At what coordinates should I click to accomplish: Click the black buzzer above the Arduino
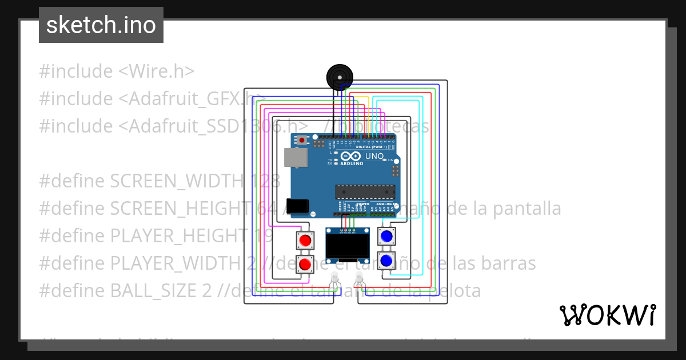(x=339, y=77)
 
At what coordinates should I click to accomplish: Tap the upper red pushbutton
(x=305, y=240)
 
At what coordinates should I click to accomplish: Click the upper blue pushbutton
(x=387, y=235)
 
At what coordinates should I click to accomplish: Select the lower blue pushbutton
(x=386, y=261)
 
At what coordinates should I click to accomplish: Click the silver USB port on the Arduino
(x=295, y=158)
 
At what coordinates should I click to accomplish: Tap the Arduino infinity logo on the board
(x=350, y=156)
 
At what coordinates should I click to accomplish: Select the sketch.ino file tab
(x=101, y=25)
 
